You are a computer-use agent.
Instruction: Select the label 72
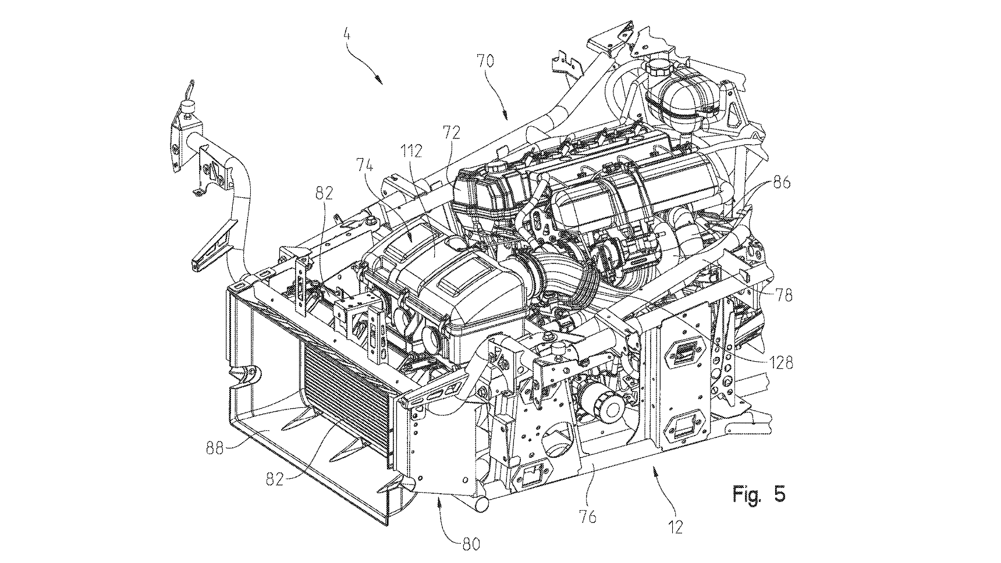[x=451, y=133]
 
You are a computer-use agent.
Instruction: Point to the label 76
[x=588, y=515]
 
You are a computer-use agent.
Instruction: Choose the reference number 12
[x=675, y=527]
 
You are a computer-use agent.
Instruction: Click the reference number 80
[x=471, y=544]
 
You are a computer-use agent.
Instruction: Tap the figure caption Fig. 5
[x=759, y=494]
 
